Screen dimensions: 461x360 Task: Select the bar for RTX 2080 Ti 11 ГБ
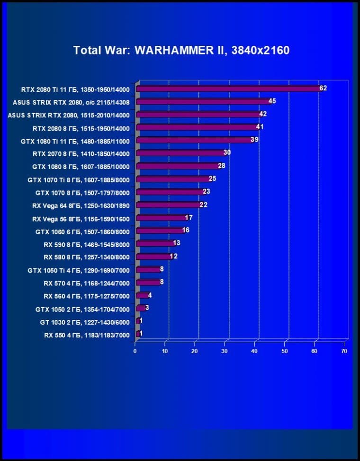coord(227,89)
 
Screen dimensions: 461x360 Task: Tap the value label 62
coord(323,88)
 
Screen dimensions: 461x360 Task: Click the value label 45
coord(272,101)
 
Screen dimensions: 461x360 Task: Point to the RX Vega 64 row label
coord(81,205)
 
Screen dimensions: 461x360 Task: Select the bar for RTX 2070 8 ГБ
coord(180,153)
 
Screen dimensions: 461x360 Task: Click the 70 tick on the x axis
coord(344,351)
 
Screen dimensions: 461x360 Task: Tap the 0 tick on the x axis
coord(135,351)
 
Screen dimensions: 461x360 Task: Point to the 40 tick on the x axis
coord(254,351)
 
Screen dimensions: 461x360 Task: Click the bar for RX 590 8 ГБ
coord(154,244)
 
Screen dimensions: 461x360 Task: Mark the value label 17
coord(189,218)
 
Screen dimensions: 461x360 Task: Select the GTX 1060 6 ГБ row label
coord(82,231)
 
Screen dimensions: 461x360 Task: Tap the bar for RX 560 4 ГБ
coord(142,295)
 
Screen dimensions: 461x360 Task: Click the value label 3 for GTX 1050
coord(147,308)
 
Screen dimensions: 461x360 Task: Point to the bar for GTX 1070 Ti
coord(172,179)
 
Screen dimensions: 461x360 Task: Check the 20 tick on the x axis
coord(195,351)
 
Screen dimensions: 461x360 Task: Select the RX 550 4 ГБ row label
coord(87,335)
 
